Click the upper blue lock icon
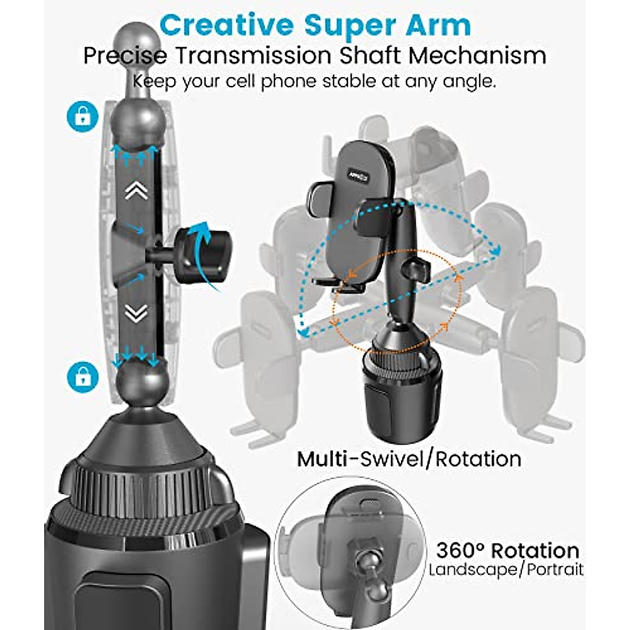coord(82,116)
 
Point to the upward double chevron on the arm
coord(136,192)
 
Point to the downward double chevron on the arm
coord(136,314)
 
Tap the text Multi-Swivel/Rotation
coord(409,459)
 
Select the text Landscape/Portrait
coord(506,570)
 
